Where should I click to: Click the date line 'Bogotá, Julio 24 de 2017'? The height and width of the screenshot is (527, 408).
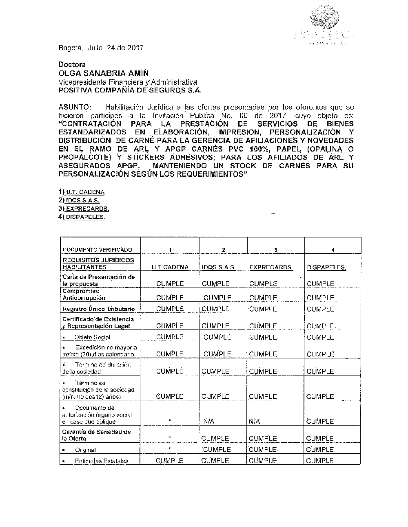[101, 48]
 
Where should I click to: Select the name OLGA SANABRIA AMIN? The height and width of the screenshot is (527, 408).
[103, 73]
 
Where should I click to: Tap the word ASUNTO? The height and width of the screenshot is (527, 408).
[75, 107]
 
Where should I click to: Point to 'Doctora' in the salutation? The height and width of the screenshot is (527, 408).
[72, 64]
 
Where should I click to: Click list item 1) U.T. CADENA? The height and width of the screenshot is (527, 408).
[82, 192]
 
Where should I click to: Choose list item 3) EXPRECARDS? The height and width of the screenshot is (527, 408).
[84, 209]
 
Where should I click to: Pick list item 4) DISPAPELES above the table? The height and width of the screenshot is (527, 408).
[82, 217]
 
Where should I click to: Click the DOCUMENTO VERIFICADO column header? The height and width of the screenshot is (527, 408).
[97, 250]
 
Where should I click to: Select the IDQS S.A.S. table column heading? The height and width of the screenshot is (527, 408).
[219, 268]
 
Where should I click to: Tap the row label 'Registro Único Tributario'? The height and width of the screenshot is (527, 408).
[98, 309]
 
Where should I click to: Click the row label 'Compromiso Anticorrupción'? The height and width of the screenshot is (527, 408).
[84, 294]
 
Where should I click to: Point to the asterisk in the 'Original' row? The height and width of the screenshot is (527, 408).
[169, 449]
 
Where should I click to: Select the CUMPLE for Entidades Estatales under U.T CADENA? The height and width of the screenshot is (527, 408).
[169, 461]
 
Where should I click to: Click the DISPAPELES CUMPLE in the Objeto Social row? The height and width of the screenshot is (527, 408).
[320, 337]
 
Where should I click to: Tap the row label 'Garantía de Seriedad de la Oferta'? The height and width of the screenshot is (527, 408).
[96, 435]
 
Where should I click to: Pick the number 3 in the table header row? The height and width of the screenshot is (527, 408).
[276, 250]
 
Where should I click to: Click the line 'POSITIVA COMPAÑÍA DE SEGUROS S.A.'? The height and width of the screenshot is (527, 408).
[130, 91]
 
